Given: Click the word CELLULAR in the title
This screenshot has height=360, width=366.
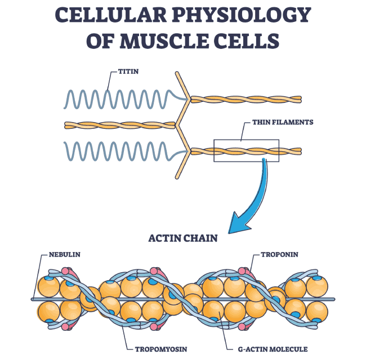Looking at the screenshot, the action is click(x=110, y=15).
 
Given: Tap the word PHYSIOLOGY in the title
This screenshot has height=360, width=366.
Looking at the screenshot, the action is click(x=242, y=15).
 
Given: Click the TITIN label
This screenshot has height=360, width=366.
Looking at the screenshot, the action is click(x=128, y=71).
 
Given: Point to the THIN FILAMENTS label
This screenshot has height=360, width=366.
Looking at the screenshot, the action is click(x=283, y=122).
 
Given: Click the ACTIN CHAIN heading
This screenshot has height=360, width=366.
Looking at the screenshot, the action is click(x=183, y=238).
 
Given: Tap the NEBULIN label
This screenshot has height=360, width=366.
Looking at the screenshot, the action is click(x=64, y=254).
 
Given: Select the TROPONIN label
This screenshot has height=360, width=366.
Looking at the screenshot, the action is click(x=279, y=254).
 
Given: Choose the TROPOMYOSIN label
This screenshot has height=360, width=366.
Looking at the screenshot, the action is click(x=161, y=349).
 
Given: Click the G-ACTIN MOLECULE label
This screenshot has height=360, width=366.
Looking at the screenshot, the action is click(x=273, y=349).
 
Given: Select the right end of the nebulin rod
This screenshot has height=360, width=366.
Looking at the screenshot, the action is click(x=334, y=299).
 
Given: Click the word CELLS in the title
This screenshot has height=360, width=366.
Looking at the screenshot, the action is click(x=247, y=41).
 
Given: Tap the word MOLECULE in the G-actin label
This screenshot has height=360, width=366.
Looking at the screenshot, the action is click(x=288, y=349).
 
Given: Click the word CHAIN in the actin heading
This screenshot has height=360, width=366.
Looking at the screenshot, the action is click(x=200, y=238).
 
